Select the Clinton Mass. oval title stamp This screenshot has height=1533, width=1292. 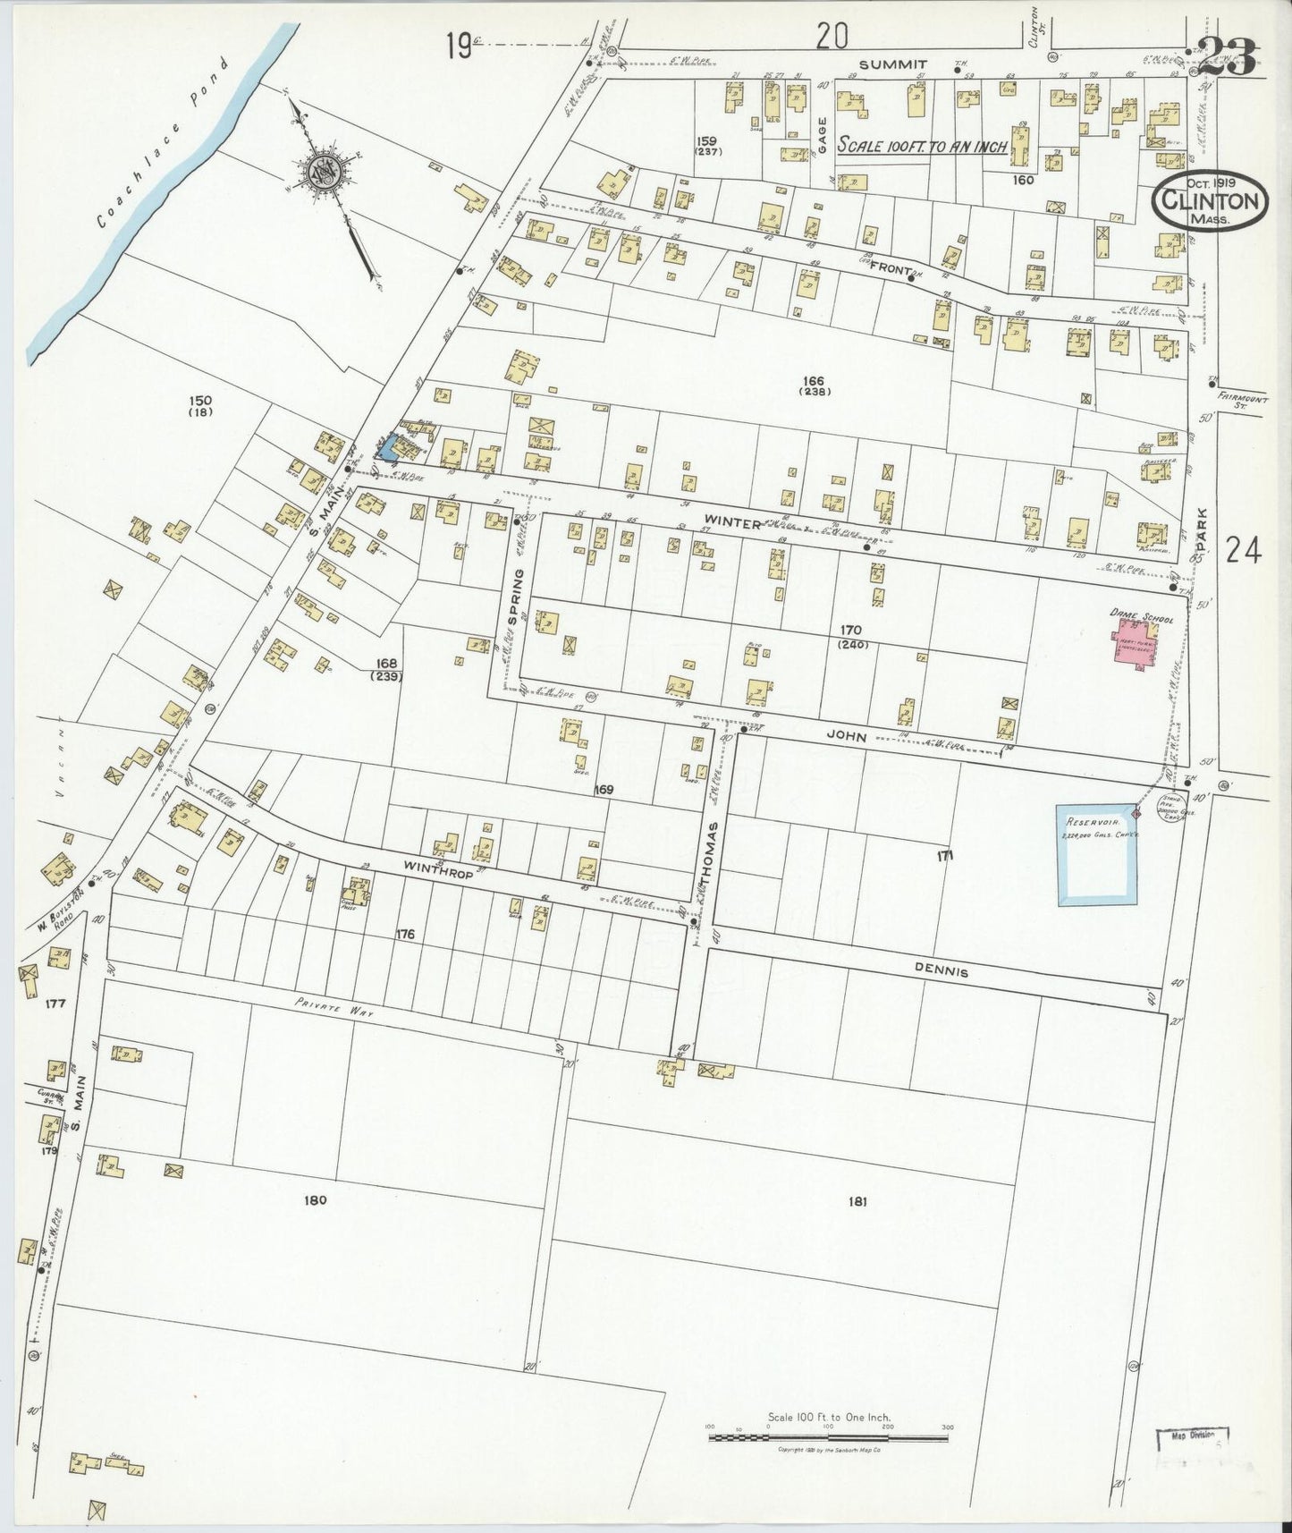pos(1210,203)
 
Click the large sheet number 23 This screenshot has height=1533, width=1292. pos(1227,58)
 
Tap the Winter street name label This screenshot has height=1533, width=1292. pos(730,522)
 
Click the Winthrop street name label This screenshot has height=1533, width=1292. pos(437,867)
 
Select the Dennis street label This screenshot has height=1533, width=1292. pos(942,971)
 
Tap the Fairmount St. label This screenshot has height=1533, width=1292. pos(1243,400)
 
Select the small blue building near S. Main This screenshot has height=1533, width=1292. pos(389,446)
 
